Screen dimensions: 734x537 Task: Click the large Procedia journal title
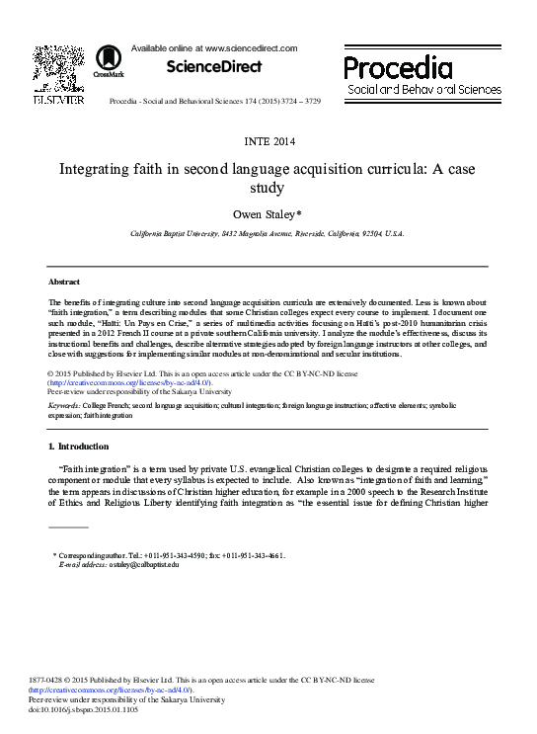pyautogui.click(x=398, y=67)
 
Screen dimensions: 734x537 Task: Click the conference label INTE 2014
pyautogui.click(x=268, y=139)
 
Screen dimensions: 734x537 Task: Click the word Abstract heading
pyautogui.click(x=63, y=282)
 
